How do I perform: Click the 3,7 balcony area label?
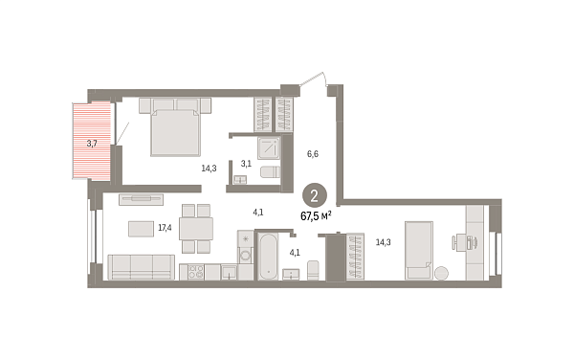(92, 144)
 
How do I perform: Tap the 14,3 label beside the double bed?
(209, 168)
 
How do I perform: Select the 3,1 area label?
(246, 164)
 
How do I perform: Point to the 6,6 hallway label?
(312, 152)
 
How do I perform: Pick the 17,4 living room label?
(164, 228)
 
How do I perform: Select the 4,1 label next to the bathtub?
(296, 252)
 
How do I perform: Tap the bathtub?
(268, 256)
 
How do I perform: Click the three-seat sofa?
(141, 267)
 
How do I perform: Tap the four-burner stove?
(198, 272)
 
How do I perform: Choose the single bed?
(419, 249)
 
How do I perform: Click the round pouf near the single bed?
(441, 273)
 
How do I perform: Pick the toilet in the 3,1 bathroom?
(270, 172)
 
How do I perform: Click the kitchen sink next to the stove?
(230, 273)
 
